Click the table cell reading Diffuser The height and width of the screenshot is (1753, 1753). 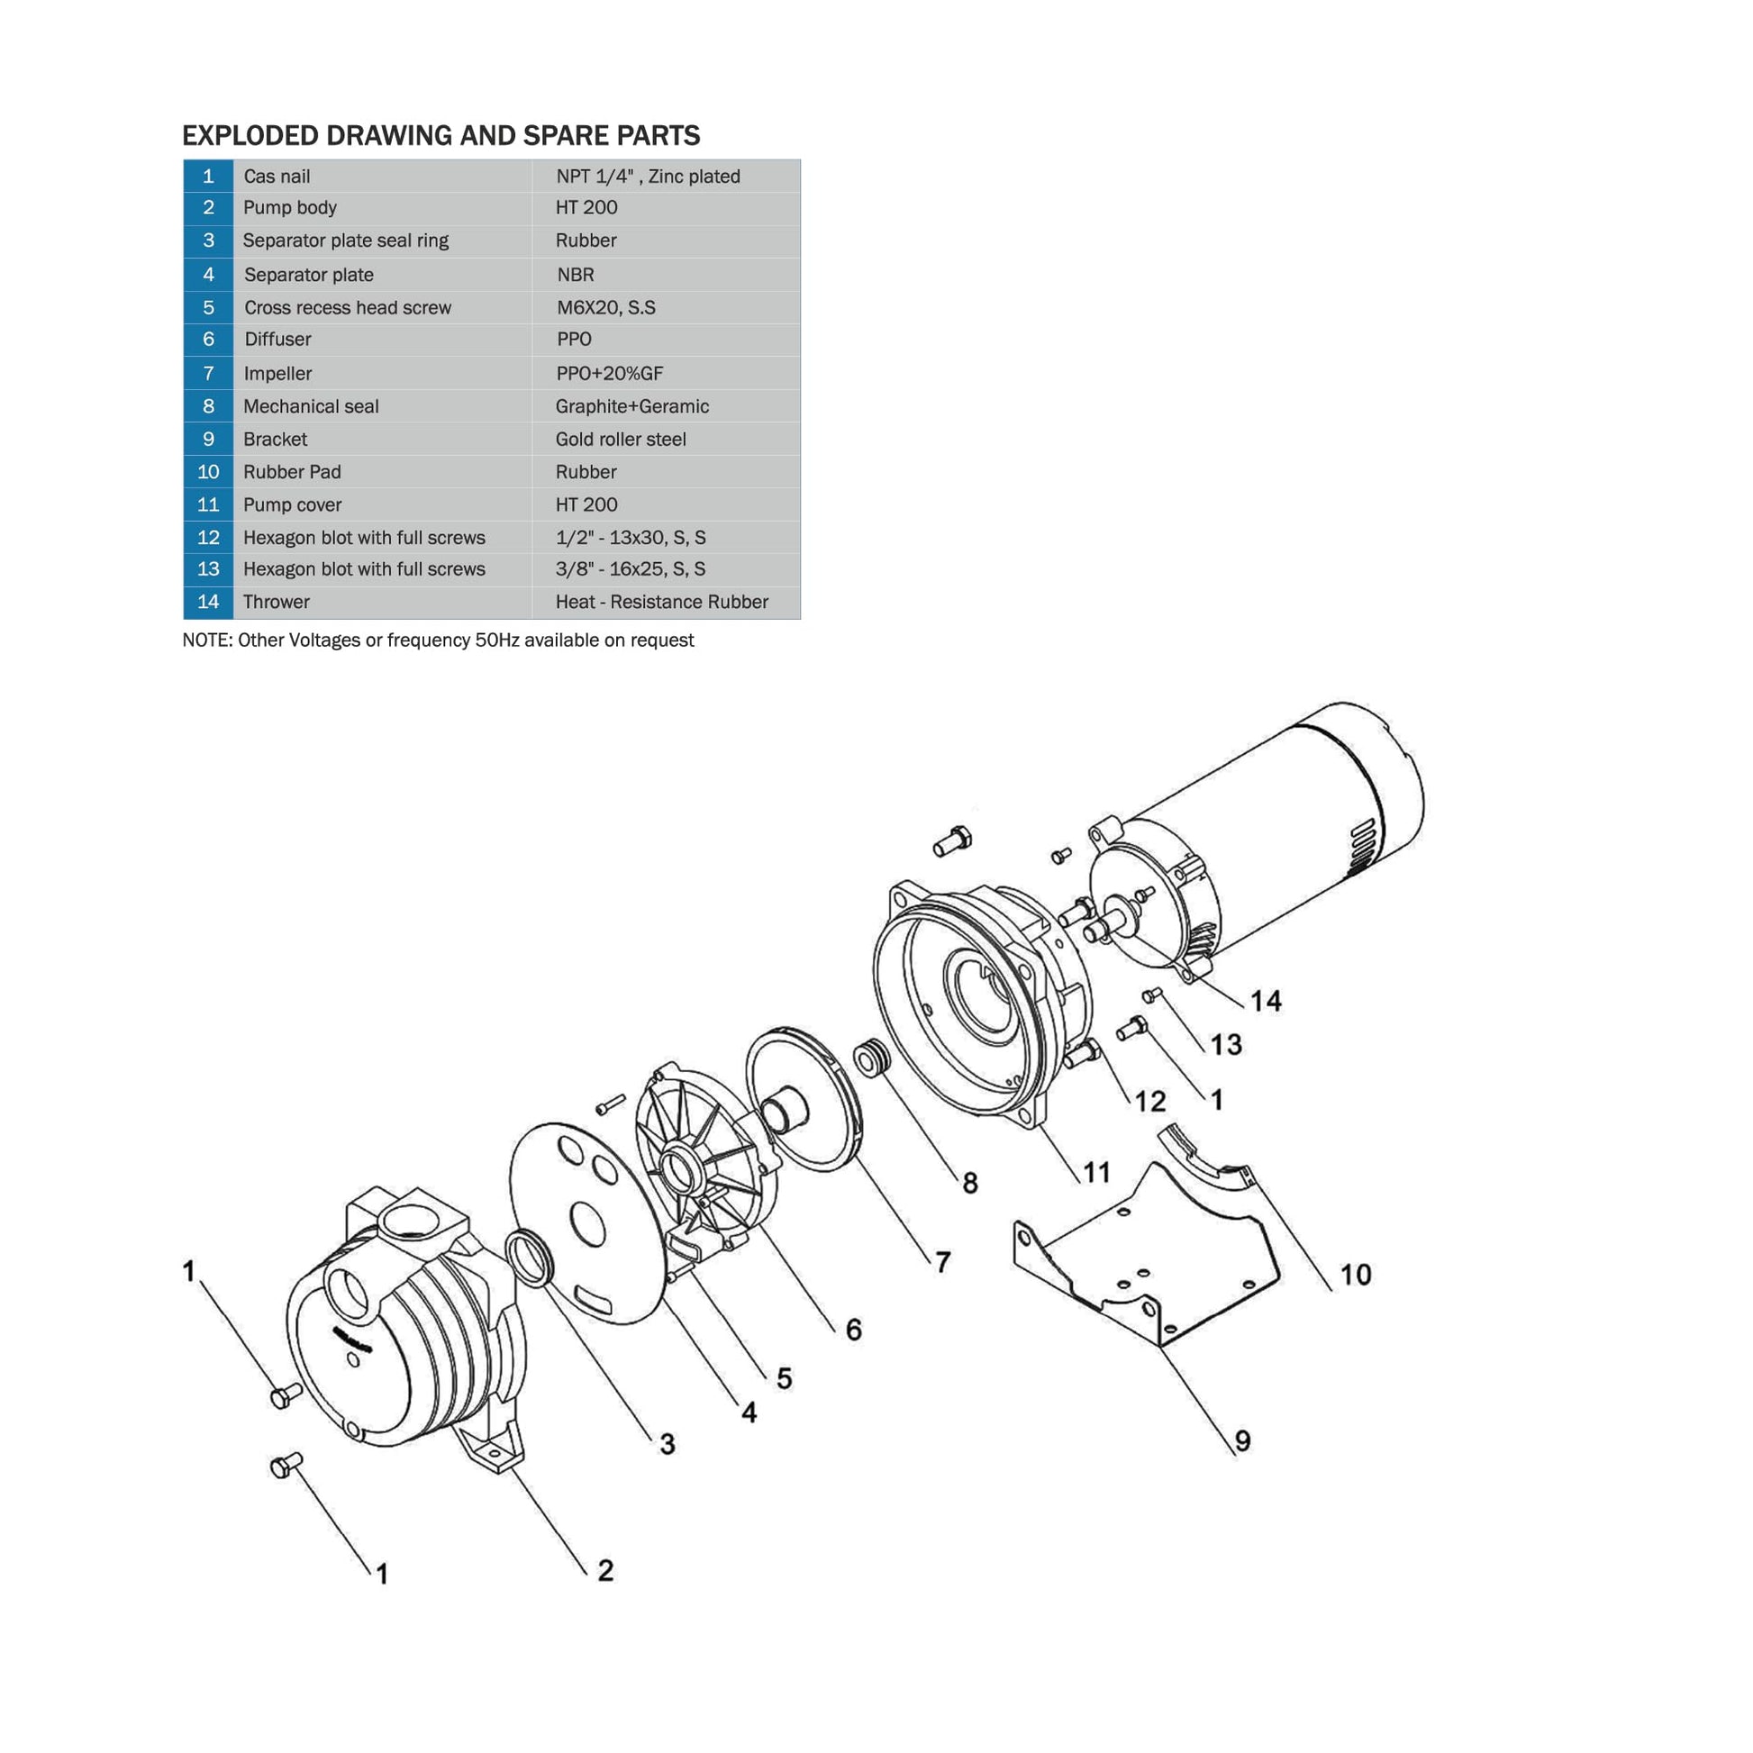tap(382, 340)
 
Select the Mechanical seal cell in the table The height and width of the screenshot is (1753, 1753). tap(382, 406)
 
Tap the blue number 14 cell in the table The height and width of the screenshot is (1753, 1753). tap(208, 602)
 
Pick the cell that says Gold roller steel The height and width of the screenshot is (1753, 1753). tap(666, 440)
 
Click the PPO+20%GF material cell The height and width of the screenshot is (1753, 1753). tap(666, 373)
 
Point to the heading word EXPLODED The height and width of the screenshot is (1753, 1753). tap(250, 135)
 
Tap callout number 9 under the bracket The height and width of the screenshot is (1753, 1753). tap(1242, 1441)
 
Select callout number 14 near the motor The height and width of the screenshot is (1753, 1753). tap(1266, 1001)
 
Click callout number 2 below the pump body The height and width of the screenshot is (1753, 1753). tap(605, 1571)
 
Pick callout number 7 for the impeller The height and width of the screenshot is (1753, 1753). tap(943, 1262)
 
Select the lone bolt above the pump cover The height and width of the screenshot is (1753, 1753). tap(952, 840)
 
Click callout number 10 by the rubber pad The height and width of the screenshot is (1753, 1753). tap(1356, 1274)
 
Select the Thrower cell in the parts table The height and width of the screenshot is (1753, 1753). tap(382, 603)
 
